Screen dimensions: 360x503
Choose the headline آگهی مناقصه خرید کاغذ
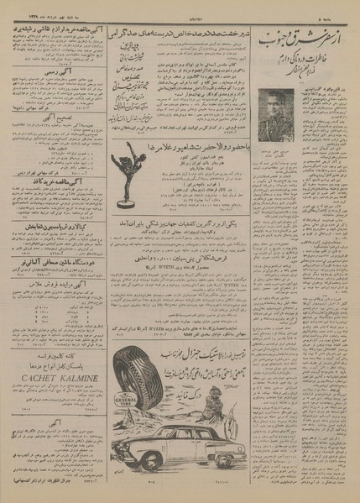pos(52,181)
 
